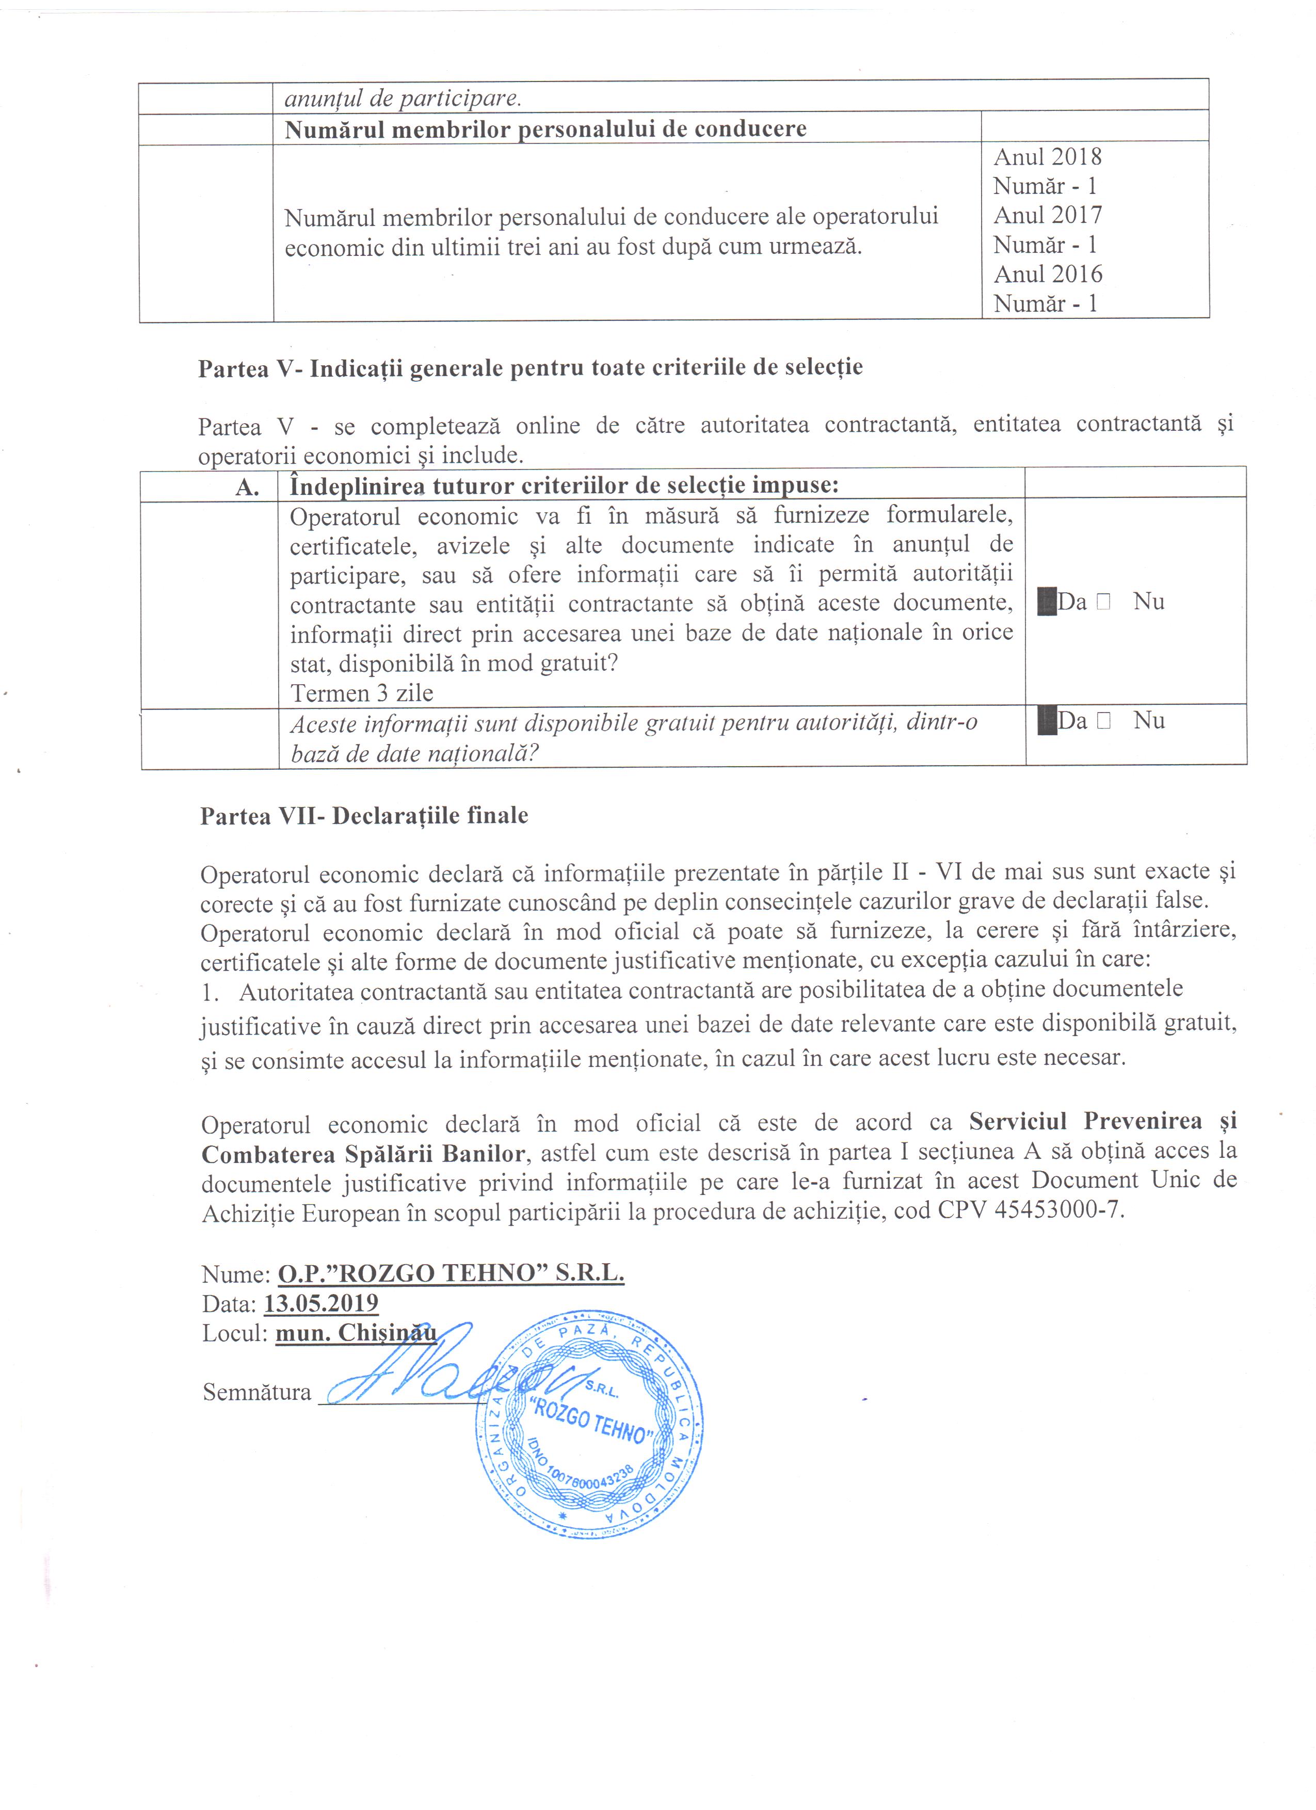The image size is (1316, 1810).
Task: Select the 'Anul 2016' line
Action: (1047, 274)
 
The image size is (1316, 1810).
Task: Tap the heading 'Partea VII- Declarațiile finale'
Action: (364, 816)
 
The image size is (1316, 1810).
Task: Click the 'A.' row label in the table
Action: (247, 486)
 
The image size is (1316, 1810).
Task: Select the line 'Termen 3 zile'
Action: (362, 693)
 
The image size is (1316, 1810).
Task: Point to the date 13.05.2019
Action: (321, 1303)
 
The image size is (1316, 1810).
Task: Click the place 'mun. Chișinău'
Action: (356, 1333)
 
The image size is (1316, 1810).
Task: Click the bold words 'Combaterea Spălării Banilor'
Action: (363, 1152)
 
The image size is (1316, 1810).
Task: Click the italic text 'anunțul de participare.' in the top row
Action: (402, 99)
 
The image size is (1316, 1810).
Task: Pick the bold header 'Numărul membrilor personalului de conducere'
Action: (545, 128)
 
